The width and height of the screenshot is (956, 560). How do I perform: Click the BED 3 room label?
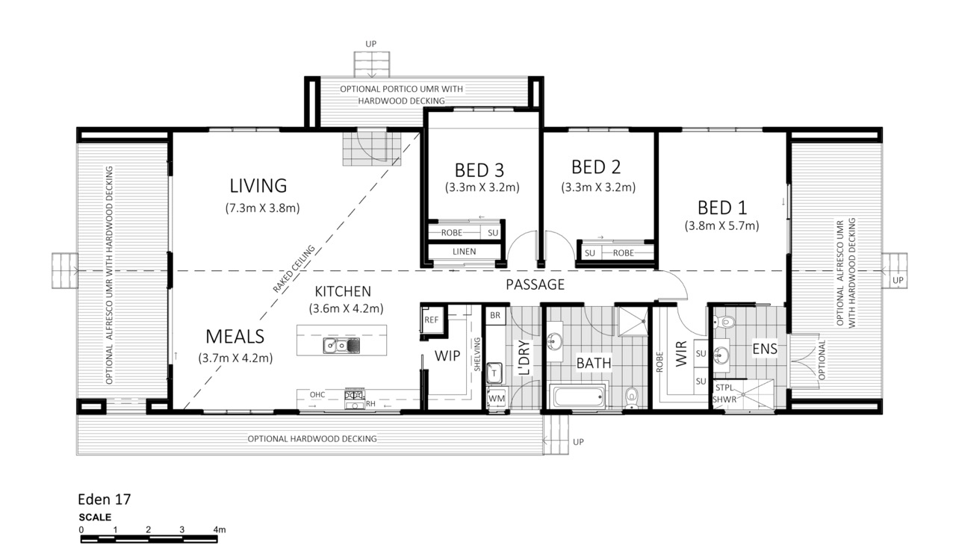[x=479, y=170]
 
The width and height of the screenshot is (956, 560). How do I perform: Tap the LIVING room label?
[x=258, y=186]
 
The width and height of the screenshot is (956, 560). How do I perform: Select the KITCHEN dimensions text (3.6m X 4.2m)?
[x=346, y=308]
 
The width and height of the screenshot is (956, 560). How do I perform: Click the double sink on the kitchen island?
[x=341, y=345]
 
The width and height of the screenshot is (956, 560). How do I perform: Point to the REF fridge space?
[x=431, y=320]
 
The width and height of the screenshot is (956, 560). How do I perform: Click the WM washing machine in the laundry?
[x=497, y=398]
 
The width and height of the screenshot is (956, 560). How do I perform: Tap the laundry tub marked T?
[x=494, y=373]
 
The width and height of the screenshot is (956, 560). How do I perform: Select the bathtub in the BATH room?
[x=579, y=397]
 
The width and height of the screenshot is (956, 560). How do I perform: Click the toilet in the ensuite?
[x=724, y=321]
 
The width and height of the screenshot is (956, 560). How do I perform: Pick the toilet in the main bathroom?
[x=631, y=397]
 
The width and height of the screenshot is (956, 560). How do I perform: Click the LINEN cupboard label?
[x=464, y=252]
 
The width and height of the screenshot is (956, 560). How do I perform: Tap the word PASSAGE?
[x=536, y=284]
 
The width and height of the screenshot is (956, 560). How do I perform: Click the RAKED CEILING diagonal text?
[x=294, y=269]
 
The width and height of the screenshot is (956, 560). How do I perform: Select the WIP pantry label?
[x=447, y=355]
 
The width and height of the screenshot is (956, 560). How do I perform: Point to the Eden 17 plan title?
[x=104, y=499]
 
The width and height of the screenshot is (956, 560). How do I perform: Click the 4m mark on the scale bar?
[x=220, y=529]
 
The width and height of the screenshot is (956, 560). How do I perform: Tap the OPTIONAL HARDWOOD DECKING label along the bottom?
[x=312, y=439]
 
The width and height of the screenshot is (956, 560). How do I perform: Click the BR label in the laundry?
[x=495, y=315]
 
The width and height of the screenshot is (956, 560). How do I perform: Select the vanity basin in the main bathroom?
[x=554, y=341]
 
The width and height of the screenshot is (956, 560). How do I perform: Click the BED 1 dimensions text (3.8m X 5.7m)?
[x=721, y=225]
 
